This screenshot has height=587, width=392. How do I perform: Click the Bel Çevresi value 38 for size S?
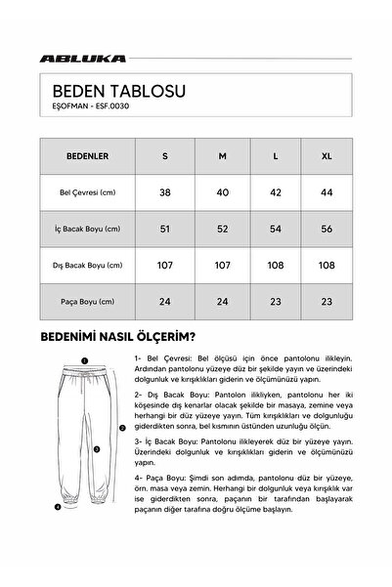[x=167, y=191]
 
